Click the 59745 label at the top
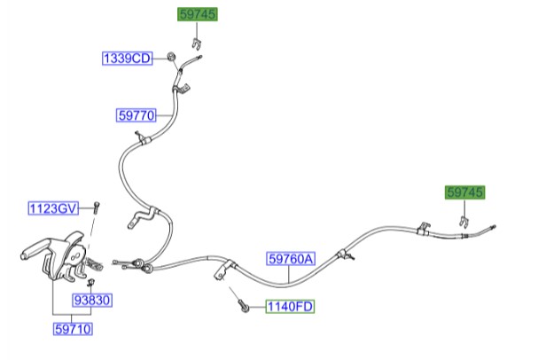pyautogui.click(x=198, y=14)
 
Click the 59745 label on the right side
pyautogui.click(x=465, y=192)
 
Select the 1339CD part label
pyautogui.click(x=128, y=59)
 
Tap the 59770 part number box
pyautogui.click(x=136, y=115)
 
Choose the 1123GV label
pyautogui.click(x=53, y=208)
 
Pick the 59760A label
pyautogui.click(x=291, y=259)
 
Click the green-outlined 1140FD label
pyautogui.click(x=290, y=306)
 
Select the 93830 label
pyautogui.click(x=92, y=301)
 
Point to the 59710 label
pyautogui.click(x=73, y=329)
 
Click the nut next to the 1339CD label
pyautogui.click(x=170, y=57)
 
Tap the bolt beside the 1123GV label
pyautogui.click(x=97, y=207)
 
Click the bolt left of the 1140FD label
pyautogui.click(x=243, y=306)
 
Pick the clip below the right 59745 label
pyautogui.click(x=464, y=222)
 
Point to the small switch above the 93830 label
pyautogui.click(x=91, y=283)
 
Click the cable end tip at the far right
pyautogui.click(x=494, y=226)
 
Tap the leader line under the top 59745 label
pyautogui.click(x=197, y=30)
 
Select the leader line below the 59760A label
pyautogui.click(x=289, y=274)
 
